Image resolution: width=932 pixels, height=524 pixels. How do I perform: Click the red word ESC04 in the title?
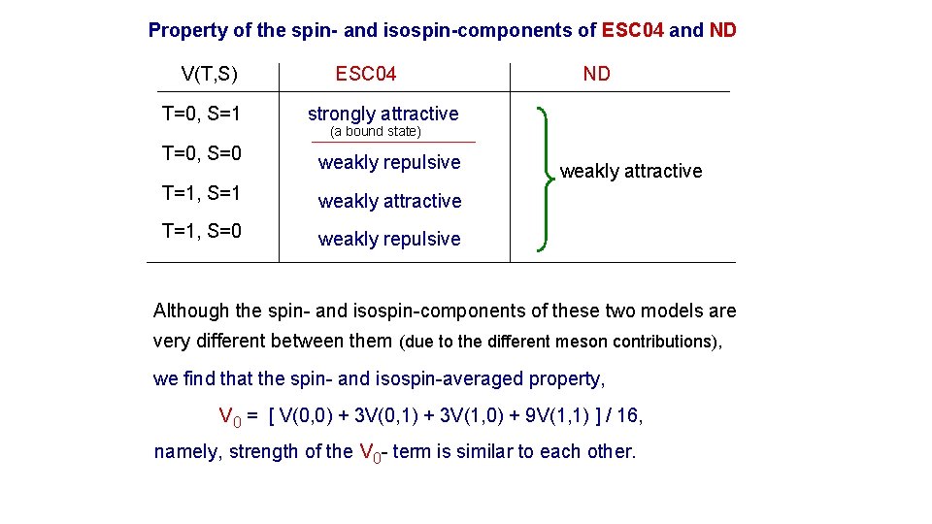[633, 30]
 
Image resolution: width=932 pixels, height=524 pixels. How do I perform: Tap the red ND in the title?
[723, 30]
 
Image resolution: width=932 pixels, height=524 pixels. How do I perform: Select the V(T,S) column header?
[210, 74]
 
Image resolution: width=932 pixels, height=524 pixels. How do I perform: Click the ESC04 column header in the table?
[366, 74]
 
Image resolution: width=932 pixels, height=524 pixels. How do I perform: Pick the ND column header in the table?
[596, 74]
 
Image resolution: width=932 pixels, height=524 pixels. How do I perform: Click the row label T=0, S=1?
[202, 115]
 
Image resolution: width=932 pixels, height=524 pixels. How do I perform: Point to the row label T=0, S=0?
[202, 153]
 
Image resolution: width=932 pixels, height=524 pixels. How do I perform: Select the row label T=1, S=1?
[202, 193]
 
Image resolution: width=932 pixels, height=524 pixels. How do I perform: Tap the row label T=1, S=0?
[202, 231]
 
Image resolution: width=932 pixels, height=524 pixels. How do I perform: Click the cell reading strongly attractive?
[383, 114]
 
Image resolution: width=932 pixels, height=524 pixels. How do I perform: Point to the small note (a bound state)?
[376, 131]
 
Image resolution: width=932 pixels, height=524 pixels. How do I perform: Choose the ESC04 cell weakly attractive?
[389, 201]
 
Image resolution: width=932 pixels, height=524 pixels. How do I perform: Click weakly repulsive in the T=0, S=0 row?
[389, 162]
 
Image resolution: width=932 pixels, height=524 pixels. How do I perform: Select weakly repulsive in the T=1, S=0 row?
[389, 239]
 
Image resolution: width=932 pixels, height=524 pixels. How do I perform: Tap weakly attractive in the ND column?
[631, 172]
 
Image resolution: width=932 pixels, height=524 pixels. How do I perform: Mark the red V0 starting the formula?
[229, 417]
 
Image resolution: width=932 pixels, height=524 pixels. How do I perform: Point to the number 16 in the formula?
[628, 416]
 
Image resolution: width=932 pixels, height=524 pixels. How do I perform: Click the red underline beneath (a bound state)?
[393, 143]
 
